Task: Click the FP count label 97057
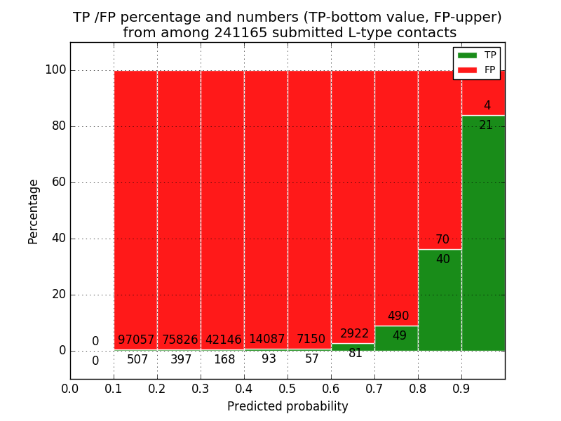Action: click(136, 340)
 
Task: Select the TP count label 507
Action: click(137, 360)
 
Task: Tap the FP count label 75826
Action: click(180, 340)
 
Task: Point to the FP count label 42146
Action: click(224, 340)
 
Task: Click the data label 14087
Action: click(266, 340)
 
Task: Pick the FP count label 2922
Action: click(354, 334)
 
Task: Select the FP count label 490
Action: click(398, 316)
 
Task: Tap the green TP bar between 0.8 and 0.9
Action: click(440, 302)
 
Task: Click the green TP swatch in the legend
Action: click(467, 55)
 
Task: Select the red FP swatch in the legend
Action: click(467, 69)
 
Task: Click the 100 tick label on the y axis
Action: click(55, 70)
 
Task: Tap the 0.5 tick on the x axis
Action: click(288, 387)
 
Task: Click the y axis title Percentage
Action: click(34, 211)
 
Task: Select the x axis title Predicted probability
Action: click(288, 406)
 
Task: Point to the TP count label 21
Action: click(486, 126)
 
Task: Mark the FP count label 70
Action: click(442, 240)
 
